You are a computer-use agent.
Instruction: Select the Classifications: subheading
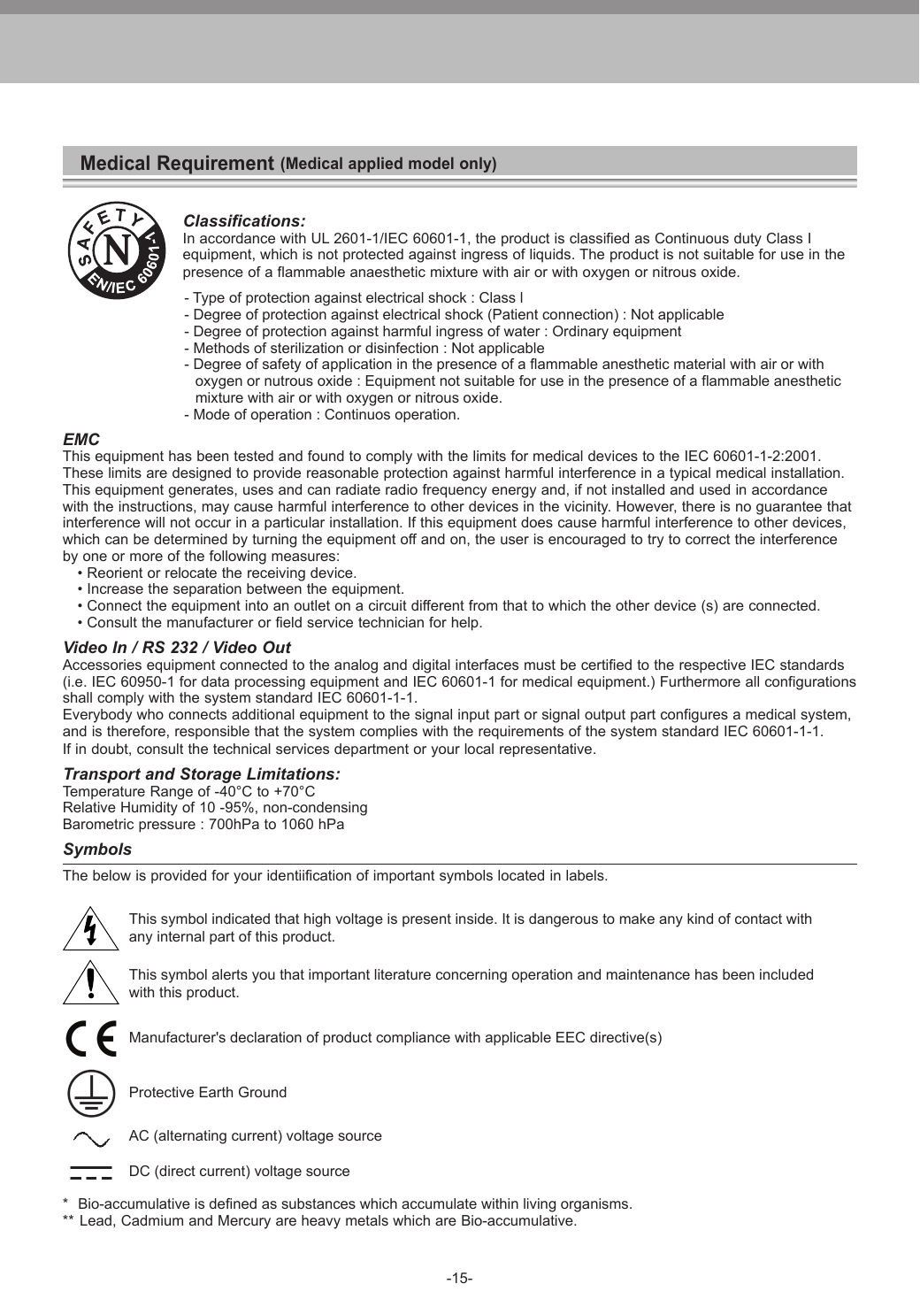[x=243, y=220]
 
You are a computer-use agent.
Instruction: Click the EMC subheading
[x=80, y=440]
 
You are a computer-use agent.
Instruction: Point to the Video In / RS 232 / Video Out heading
[x=176, y=648]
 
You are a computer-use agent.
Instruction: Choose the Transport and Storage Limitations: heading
[x=201, y=774]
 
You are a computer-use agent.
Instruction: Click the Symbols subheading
[x=97, y=850]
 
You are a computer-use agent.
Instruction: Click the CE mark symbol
[x=91, y=1038]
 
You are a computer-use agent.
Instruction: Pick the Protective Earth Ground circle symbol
[x=90, y=1093]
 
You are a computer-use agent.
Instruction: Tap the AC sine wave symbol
[x=91, y=1136]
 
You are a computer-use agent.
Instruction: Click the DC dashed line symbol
[x=91, y=1172]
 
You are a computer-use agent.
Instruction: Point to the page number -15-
[x=459, y=1279]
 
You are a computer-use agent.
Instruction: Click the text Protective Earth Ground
[x=208, y=1092]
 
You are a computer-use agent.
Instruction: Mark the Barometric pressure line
[x=203, y=825]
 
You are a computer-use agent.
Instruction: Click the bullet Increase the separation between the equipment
[x=241, y=589]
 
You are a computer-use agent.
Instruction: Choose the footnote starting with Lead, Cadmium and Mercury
[x=327, y=1221]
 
